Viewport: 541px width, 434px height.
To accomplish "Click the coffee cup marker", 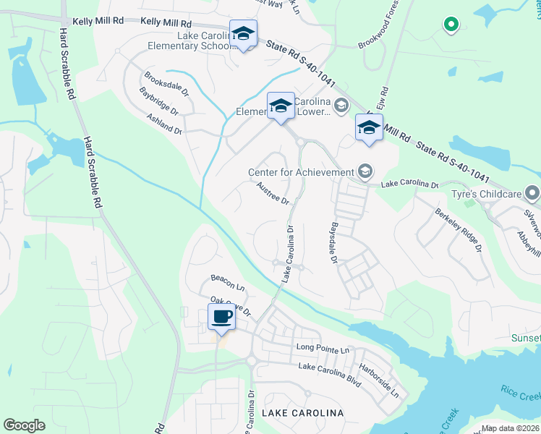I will (x=221, y=317).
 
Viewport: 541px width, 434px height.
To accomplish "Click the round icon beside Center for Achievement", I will (x=365, y=171).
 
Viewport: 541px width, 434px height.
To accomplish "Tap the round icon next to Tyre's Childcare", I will (x=532, y=193).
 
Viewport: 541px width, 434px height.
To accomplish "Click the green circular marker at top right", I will (x=451, y=25).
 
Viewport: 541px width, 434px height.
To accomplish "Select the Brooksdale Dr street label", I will (x=166, y=84).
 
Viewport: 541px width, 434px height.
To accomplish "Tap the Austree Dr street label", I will (x=273, y=192).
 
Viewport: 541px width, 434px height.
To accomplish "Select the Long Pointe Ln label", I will (x=323, y=349).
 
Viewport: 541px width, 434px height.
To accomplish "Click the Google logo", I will (x=24, y=425).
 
